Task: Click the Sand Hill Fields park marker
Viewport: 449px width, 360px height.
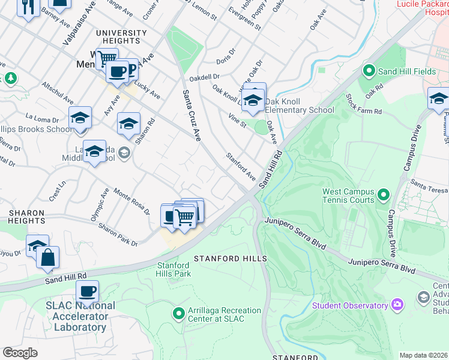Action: pos(369,71)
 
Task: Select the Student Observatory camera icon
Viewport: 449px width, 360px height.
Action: pos(397,305)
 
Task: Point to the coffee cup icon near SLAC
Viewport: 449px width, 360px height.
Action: pos(88,292)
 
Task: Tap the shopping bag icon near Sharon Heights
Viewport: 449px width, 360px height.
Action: pos(47,257)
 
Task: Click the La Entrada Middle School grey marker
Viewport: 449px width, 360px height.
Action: pos(124,152)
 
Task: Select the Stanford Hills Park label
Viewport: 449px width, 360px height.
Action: pos(173,269)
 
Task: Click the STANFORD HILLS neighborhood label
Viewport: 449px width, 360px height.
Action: pos(230,258)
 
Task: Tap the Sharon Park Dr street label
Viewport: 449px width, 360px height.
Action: pos(118,235)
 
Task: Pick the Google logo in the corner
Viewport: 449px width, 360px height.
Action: pos(20,352)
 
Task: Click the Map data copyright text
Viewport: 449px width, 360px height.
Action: pos(423,355)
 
